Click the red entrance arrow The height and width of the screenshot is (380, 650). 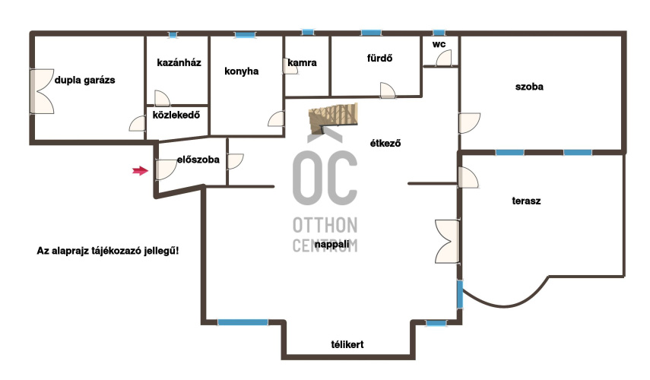click(x=141, y=170)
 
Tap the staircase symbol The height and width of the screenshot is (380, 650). click(x=333, y=119)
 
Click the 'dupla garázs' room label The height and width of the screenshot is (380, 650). click(x=85, y=80)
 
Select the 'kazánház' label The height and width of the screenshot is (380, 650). click(x=179, y=62)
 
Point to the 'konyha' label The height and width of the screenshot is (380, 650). click(x=242, y=71)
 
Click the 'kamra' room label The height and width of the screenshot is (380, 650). click(x=303, y=62)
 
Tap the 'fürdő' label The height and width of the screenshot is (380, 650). click(x=379, y=58)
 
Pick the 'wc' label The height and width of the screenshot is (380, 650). click(x=439, y=44)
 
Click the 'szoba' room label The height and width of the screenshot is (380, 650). click(x=529, y=87)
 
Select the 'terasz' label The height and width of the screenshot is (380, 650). click(x=527, y=201)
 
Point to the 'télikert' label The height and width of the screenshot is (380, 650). click(x=347, y=344)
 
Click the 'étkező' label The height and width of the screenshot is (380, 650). click(x=385, y=144)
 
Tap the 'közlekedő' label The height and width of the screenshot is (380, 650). click(x=176, y=115)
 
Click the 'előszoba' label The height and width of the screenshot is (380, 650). click(x=198, y=160)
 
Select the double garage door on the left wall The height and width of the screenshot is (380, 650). click(x=42, y=91)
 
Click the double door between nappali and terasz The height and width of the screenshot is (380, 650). click(x=447, y=241)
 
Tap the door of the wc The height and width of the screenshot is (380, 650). click(x=443, y=58)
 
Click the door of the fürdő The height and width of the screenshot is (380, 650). click(x=388, y=90)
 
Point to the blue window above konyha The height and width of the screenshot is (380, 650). click(x=245, y=35)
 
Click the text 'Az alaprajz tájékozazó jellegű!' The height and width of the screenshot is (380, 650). click(x=108, y=251)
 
